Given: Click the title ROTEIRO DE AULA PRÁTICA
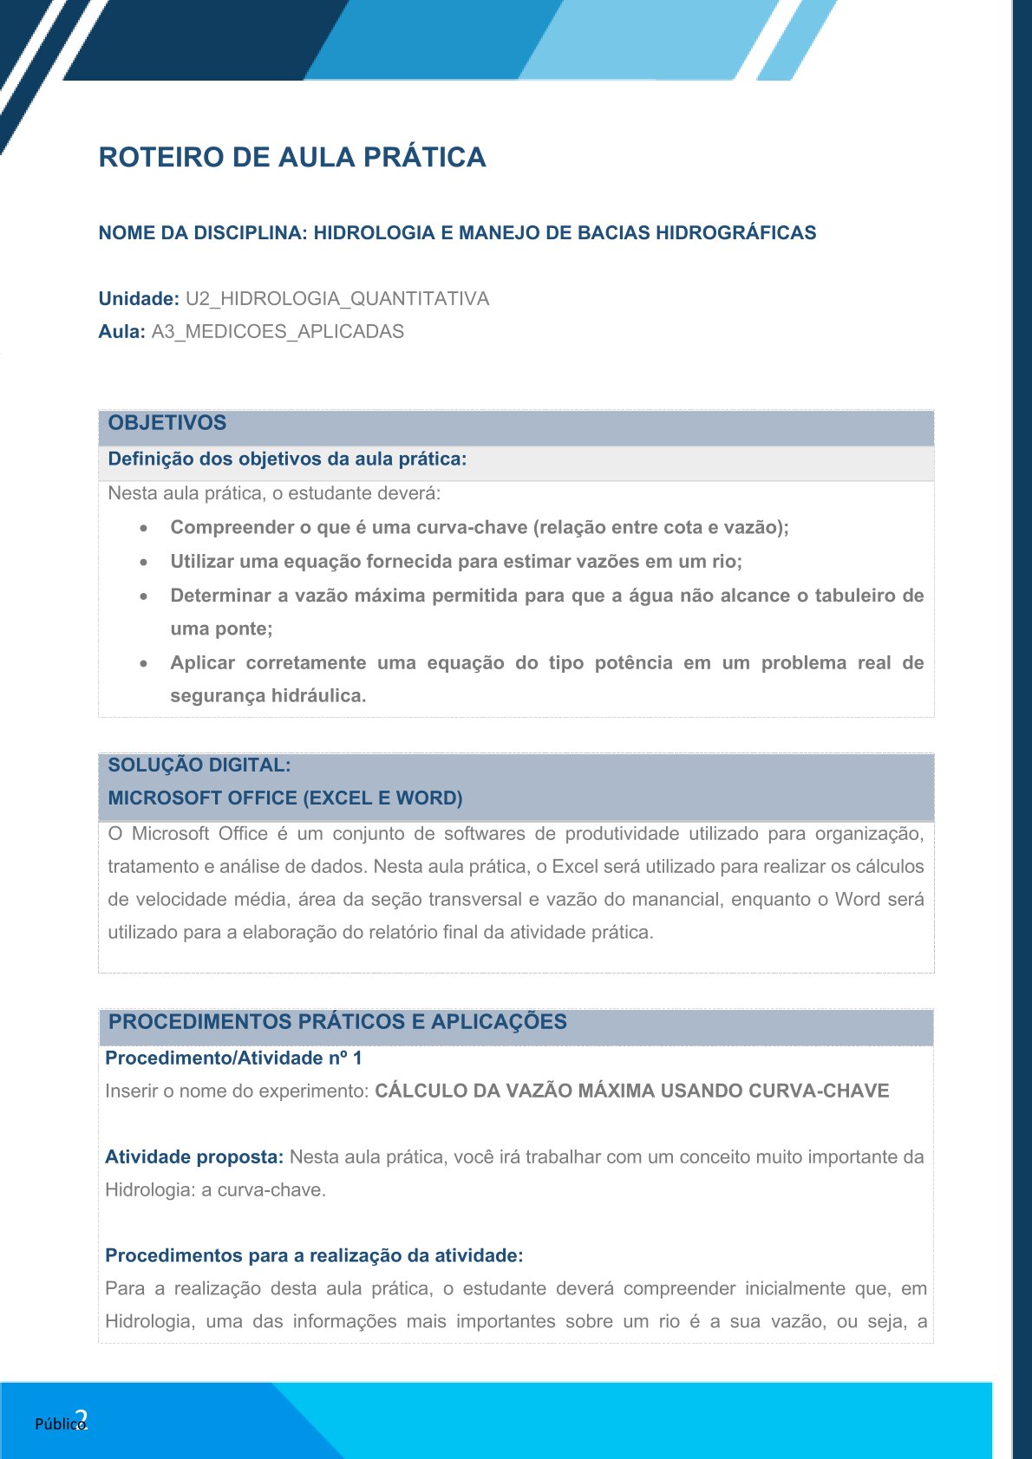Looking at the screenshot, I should point(292,157).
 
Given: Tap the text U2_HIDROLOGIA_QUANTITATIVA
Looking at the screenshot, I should point(337,298).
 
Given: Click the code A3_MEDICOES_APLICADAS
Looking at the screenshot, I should point(278,331).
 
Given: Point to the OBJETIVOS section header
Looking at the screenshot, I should point(167,423).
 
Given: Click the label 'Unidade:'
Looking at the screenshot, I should point(139,298).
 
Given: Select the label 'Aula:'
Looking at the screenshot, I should point(121,331).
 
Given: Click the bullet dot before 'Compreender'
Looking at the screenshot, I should point(144,528).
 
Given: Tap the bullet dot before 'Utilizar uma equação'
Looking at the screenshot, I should point(144,562).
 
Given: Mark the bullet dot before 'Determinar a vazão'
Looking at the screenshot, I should point(144,596).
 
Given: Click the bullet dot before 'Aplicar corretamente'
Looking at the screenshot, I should point(144,663).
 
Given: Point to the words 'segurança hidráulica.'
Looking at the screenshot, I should point(268,695).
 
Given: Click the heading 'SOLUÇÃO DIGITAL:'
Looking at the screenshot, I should point(199,765).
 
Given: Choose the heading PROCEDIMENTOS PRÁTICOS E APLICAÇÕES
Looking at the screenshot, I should point(337,1021).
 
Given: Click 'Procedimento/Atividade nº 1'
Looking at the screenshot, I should point(233,1058).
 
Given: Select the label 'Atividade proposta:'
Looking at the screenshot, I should point(194,1156).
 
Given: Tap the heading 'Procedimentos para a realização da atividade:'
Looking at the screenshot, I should point(314,1255).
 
